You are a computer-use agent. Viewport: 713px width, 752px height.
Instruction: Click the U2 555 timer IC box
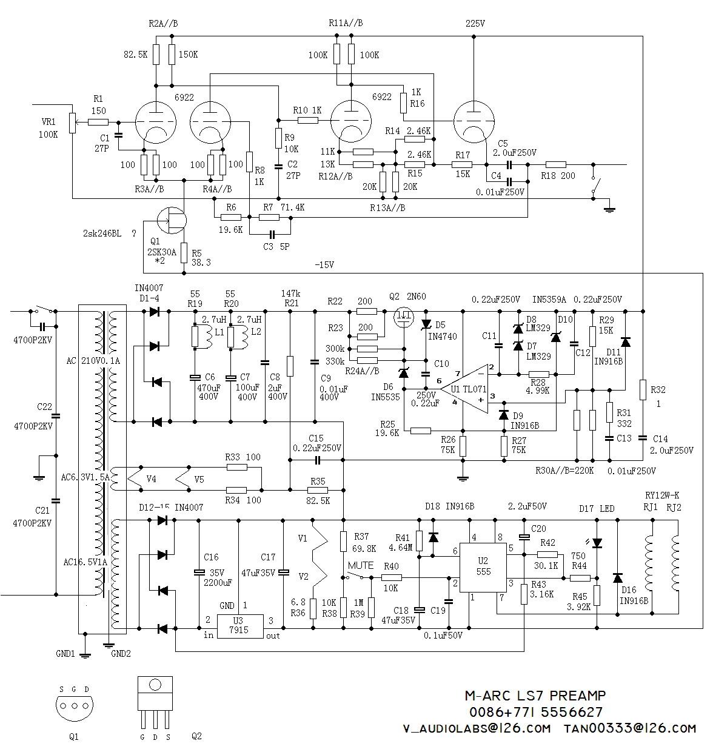pyautogui.click(x=483, y=568)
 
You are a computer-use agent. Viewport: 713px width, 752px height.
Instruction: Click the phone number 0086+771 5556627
pyautogui.click(x=536, y=712)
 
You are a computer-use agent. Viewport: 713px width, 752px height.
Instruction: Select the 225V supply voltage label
pyautogui.click(x=475, y=24)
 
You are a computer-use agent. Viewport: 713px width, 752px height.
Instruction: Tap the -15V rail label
pyautogui.click(x=324, y=264)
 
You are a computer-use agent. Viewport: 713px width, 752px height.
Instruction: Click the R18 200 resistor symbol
pyautogui.click(x=555, y=164)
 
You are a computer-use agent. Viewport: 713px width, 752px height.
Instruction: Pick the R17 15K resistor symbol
pyautogui.click(x=462, y=164)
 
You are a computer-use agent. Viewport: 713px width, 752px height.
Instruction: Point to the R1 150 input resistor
pyautogui.click(x=98, y=122)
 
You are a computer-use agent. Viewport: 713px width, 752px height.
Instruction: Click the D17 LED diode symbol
pyautogui.click(x=597, y=543)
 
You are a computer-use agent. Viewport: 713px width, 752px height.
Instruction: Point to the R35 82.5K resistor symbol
pyautogui.click(x=318, y=490)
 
